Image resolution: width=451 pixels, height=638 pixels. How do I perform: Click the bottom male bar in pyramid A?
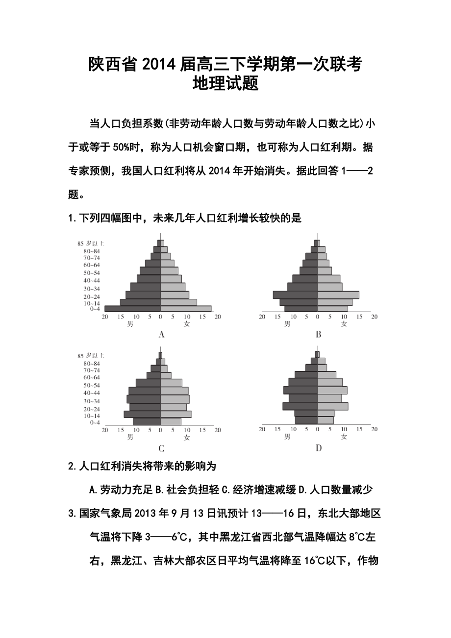tap(132, 309)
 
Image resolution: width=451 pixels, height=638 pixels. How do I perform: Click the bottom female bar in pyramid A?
tap(186, 309)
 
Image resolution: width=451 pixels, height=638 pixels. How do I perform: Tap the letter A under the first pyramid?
tap(161, 335)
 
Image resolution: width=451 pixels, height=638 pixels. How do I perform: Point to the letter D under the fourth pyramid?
tap(319, 448)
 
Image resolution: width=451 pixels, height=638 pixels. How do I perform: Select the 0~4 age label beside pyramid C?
tap(95, 422)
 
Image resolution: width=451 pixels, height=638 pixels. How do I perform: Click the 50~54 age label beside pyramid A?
tap(92, 273)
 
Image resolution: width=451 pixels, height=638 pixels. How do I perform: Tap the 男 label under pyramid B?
tap(288, 324)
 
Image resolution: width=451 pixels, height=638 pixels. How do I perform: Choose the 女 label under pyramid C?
tap(187, 437)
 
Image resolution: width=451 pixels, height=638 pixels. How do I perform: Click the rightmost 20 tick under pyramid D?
tap(374, 429)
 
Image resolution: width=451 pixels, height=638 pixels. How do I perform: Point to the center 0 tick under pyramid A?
tap(161, 317)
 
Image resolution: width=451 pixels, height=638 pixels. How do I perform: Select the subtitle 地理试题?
tap(225, 84)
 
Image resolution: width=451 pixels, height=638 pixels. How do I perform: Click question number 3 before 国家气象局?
tap(72, 514)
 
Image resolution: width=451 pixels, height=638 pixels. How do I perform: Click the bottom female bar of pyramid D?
tap(326, 420)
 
